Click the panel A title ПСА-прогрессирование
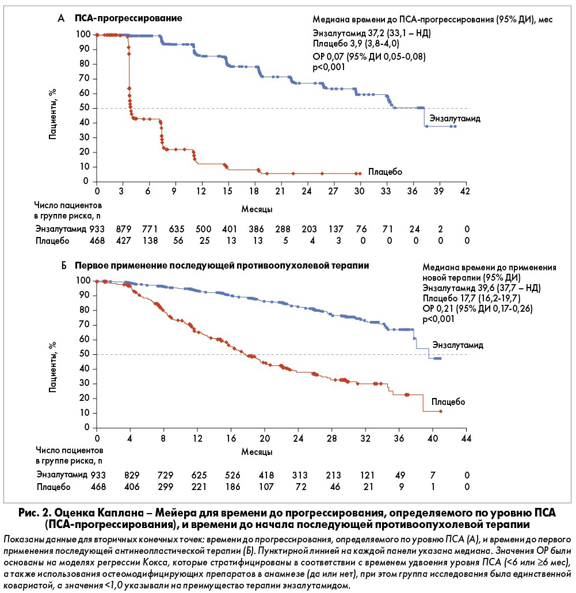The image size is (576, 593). click(x=128, y=18)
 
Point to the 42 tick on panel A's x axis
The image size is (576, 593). click(x=465, y=191)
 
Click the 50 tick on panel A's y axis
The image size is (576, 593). click(x=85, y=108)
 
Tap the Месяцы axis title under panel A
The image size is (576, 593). click(x=257, y=209)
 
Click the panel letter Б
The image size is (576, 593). click(x=64, y=266)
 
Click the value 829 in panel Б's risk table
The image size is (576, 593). click(x=132, y=475)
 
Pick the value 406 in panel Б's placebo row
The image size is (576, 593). click(x=132, y=487)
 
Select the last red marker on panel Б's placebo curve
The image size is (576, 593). click(x=441, y=411)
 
